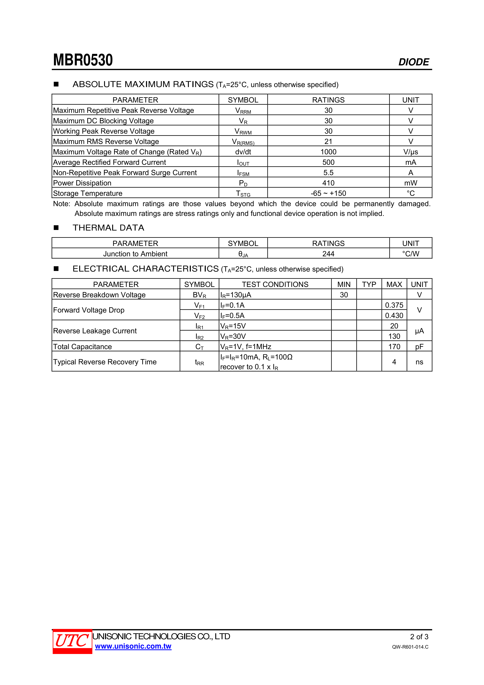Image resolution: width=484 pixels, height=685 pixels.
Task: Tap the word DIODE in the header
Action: (x=413, y=62)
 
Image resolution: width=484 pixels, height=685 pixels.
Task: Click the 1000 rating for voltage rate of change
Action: (x=328, y=152)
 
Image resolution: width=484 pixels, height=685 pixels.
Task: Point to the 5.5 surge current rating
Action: (x=328, y=173)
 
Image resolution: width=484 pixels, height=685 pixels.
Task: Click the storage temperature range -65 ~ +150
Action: (x=328, y=193)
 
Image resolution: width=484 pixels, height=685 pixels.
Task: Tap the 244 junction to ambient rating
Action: (x=328, y=254)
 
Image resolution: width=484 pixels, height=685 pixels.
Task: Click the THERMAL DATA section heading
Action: (x=108, y=228)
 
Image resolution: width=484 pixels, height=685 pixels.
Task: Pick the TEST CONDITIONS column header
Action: (x=275, y=284)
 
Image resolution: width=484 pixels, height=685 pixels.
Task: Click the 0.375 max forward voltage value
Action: (x=394, y=305)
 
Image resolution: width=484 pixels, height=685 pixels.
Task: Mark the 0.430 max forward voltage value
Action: (x=394, y=316)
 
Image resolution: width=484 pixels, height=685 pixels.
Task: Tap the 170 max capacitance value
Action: (x=394, y=347)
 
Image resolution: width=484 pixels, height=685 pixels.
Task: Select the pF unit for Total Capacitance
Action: (x=419, y=347)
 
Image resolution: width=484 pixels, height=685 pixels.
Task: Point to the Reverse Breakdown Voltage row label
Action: (x=99, y=295)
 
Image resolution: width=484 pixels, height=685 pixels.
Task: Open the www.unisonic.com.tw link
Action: (x=133, y=646)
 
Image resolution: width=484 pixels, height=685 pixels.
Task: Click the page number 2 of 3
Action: (x=419, y=637)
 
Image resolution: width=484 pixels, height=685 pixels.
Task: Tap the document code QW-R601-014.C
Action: (x=410, y=647)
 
